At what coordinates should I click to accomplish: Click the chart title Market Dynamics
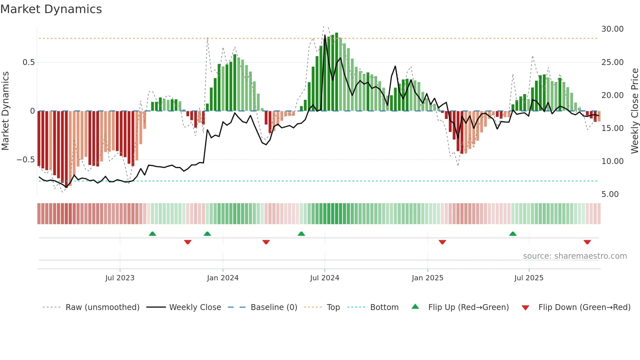click(51, 9)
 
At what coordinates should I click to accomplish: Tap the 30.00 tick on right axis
click(612, 29)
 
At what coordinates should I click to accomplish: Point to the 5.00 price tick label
click(610, 194)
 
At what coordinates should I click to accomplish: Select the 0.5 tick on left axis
click(28, 62)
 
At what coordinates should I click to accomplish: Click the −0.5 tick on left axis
click(26, 160)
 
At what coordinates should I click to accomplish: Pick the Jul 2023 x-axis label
click(120, 278)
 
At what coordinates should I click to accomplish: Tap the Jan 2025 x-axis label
click(427, 278)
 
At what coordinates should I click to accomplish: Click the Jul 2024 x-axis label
click(324, 278)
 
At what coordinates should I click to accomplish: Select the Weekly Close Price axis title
click(634, 111)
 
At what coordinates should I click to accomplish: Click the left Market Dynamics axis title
click(5, 111)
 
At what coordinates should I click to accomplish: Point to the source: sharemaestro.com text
click(575, 256)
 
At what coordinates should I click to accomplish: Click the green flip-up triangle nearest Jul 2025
click(513, 234)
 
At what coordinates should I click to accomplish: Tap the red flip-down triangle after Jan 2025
click(442, 242)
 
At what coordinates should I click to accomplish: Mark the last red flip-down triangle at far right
click(587, 242)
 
